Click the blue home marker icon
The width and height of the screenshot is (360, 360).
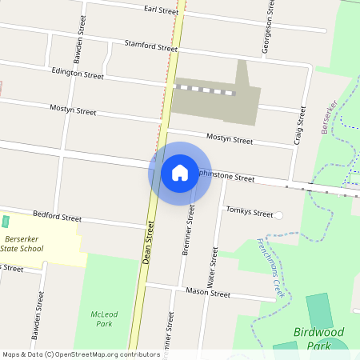click(x=180, y=173)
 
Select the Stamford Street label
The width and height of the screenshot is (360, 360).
click(x=151, y=46)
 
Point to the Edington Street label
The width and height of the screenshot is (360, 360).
click(x=77, y=74)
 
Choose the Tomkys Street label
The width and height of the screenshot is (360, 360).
click(x=249, y=212)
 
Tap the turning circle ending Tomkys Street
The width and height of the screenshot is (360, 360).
click(x=279, y=214)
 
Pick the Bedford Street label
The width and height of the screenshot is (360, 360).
click(x=57, y=217)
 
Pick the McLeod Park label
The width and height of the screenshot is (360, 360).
click(x=102, y=319)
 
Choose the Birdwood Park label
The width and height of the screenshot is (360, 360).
click(x=318, y=338)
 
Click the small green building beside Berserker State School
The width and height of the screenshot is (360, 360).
click(x=6, y=221)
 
